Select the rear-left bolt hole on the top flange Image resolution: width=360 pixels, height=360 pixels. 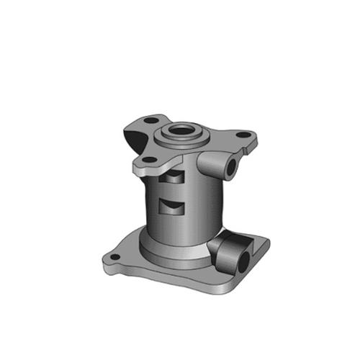pos(150,120)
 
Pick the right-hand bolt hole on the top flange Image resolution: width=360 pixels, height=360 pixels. pos(243,135)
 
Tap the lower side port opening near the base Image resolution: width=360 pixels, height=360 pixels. pos(243,260)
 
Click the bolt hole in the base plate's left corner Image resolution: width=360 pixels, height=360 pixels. pos(113,257)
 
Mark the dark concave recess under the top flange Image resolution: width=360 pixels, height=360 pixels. pos(132,137)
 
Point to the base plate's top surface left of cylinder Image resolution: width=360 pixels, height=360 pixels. pos(130,252)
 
